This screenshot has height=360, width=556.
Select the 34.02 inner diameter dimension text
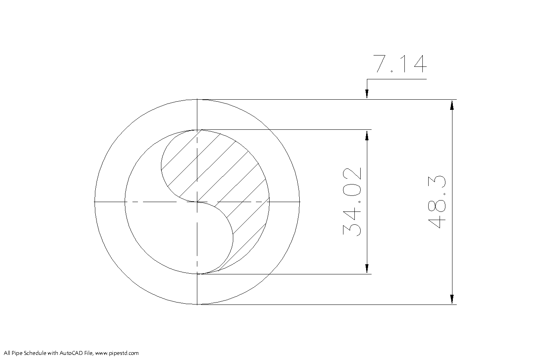click(x=352, y=202)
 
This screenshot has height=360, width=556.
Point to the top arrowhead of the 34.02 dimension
click(x=367, y=135)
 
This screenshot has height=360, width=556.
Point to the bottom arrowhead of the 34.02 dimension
click(x=367, y=269)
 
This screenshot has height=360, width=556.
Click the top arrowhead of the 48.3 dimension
click(x=452, y=105)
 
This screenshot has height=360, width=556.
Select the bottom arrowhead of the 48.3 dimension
click(x=452, y=299)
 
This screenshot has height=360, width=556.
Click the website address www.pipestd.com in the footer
click(x=117, y=353)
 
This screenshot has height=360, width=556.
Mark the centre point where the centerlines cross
click(x=197, y=202)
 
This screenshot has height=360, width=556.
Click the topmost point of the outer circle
click(x=197, y=100)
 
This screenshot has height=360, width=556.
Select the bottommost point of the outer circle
click(x=197, y=304)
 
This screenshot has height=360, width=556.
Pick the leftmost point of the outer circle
click(x=95, y=202)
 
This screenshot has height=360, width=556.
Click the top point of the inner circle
click(x=197, y=130)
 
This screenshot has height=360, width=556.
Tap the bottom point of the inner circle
click(x=197, y=274)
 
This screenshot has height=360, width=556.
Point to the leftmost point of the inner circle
click(x=125, y=202)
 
